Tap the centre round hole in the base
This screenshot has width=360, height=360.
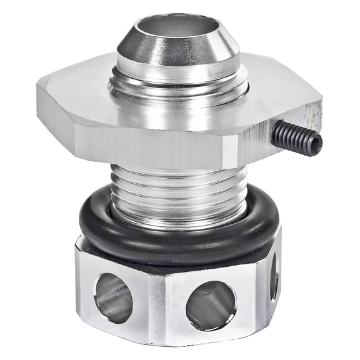click(x=211, y=306)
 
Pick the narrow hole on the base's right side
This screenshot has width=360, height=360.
click(x=274, y=275)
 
